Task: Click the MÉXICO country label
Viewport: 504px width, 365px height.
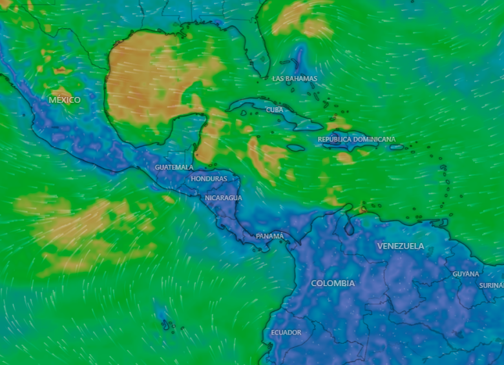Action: point(65,100)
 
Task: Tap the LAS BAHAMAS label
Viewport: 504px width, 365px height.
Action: point(295,79)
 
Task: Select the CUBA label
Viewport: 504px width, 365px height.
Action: point(275,110)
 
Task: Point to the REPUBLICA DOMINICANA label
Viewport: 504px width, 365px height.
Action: point(357,140)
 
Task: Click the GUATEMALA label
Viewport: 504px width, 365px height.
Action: point(174,167)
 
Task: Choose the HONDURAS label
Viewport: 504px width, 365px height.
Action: point(209,179)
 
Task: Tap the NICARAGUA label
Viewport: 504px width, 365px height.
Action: point(224,198)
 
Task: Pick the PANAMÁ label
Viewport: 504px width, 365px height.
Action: point(269,236)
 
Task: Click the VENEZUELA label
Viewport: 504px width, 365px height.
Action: point(401,246)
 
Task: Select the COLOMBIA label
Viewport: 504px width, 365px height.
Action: point(333,284)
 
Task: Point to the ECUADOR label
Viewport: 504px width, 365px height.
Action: point(286,333)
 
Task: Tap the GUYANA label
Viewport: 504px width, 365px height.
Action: point(466,275)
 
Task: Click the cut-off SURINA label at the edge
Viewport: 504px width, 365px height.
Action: point(491,286)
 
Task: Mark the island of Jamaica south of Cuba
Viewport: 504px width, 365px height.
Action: point(295,148)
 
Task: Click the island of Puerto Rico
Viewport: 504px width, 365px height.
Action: point(396,147)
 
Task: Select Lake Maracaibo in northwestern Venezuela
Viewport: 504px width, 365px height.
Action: point(349,226)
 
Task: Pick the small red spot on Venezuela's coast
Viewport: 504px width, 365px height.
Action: point(362,209)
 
